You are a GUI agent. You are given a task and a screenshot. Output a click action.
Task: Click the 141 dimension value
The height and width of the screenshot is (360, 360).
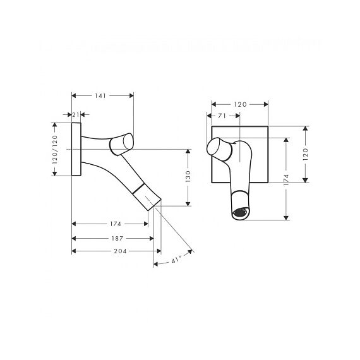click(x=100, y=95)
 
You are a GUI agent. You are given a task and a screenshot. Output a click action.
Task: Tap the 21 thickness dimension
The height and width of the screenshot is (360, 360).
click(x=76, y=114)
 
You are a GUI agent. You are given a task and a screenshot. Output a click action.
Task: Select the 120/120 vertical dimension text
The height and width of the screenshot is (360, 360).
click(x=55, y=150)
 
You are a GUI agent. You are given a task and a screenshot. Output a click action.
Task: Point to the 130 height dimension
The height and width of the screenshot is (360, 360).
click(x=188, y=176)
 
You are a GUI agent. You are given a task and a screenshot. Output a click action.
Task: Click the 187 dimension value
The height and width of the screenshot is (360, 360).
click(x=117, y=239)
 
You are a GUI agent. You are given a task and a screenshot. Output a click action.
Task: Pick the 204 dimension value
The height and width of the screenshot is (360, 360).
click(x=120, y=251)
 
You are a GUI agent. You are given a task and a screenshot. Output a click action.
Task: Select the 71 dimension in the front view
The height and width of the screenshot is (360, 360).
click(x=222, y=116)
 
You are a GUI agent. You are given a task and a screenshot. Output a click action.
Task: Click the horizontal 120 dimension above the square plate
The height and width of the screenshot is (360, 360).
click(x=240, y=104)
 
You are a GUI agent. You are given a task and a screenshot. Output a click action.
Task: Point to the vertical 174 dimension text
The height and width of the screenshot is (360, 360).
click(x=286, y=180)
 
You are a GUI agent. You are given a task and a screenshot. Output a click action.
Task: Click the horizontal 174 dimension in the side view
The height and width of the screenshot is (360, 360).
click(x=115, y=224)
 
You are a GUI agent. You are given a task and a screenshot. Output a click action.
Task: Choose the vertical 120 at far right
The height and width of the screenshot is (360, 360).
click(x=305, y=154)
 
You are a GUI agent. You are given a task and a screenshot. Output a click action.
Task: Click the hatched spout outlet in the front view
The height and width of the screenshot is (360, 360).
click(x=241, y=212)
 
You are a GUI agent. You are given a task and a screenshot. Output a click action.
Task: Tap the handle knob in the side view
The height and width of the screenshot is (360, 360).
click(x=122, y=144)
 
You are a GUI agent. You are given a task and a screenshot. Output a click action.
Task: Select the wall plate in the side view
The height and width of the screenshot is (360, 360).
click(x=76, y=149)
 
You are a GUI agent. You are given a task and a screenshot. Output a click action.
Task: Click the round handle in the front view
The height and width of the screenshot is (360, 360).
click(x=219, y=149)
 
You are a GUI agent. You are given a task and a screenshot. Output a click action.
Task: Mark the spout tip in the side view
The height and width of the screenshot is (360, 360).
click(x=154, y=205)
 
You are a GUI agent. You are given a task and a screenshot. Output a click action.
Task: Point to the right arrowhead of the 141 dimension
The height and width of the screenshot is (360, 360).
click(x=131, y=95)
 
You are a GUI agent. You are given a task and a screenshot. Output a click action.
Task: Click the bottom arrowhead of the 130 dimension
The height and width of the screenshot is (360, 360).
click(x=188, y=204)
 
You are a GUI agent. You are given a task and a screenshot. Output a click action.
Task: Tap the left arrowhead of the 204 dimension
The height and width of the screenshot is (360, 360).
click(x=74, y=251)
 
